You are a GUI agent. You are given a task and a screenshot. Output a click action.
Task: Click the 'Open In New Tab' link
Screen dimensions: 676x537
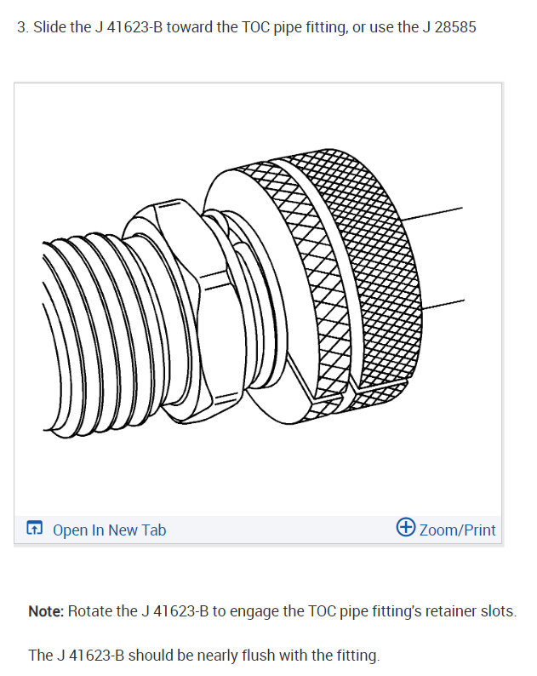pos(109,530)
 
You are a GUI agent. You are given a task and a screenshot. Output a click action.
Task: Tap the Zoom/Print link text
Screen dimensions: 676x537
pos(457,530)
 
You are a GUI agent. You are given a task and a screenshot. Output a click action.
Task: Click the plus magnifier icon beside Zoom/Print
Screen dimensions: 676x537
pos(406,529)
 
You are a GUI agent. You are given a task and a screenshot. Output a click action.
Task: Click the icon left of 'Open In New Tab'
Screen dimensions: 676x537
pos(34,530)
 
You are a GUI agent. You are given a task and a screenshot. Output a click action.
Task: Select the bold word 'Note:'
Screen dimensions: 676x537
pos(46,611)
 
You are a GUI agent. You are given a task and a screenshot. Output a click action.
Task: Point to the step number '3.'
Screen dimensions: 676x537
pos(23,27)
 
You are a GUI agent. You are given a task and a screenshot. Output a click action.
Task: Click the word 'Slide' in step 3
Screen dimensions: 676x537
pos(49,27)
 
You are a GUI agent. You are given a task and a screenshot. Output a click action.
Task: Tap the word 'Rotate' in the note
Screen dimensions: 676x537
pos(90,611)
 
